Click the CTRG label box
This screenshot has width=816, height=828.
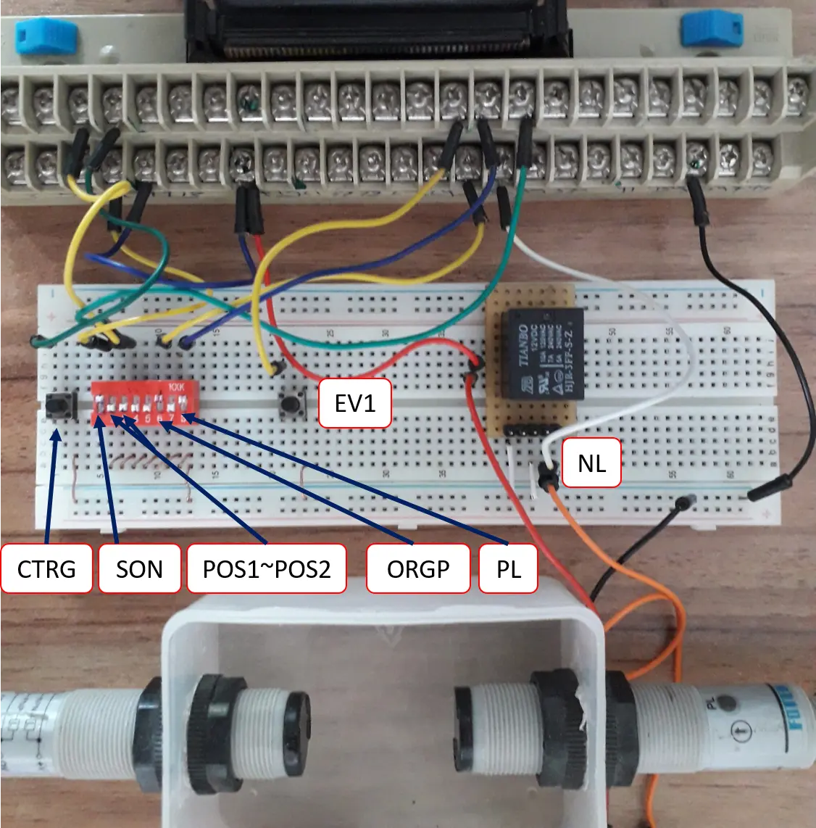point(47,568)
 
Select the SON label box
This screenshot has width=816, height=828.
point(139,568)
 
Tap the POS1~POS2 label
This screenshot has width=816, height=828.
point(267,568)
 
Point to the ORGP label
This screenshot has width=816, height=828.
point(418,568)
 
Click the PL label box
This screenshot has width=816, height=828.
point(509,568)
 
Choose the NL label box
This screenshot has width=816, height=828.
point(591,463)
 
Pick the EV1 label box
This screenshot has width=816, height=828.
point(355,402)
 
